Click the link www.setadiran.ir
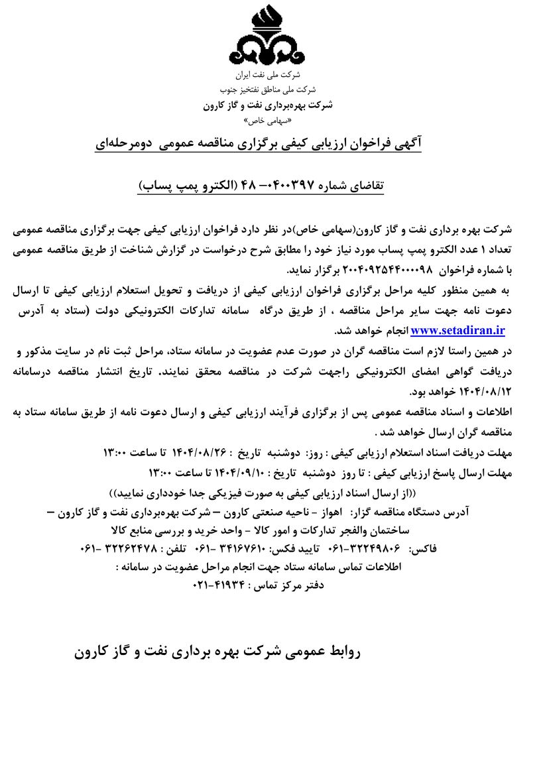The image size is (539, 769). (457, 329)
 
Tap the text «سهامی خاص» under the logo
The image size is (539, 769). (269, 121)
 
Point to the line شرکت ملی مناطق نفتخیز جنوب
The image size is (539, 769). (269, 89)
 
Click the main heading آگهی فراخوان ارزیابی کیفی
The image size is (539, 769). (269, 144)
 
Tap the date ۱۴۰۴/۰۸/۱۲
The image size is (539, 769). (487, 390)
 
